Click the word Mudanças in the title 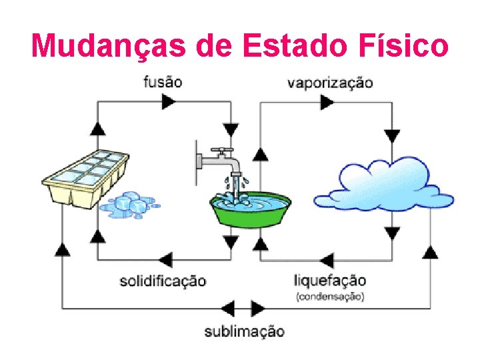110,46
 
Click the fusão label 163,82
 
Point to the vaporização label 330,83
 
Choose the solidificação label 163,281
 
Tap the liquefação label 330,280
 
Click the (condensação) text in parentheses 330,296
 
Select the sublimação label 244,331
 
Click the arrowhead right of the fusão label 169,101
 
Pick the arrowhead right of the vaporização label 327,102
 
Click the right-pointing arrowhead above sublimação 257,309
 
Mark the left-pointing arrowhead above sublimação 229,309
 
